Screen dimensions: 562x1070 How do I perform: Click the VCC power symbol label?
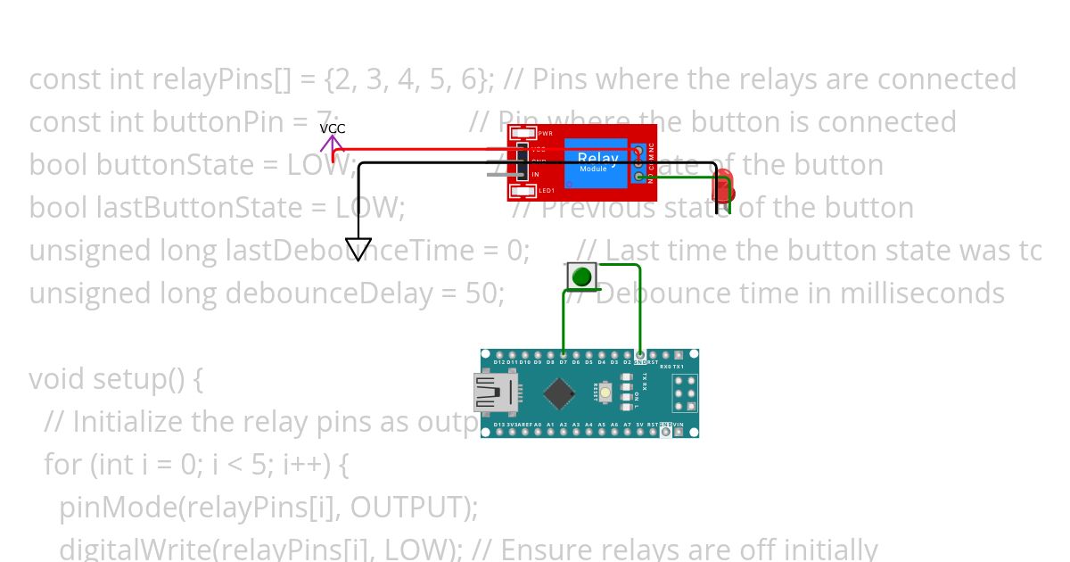333,128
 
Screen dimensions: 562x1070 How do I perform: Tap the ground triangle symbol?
358,249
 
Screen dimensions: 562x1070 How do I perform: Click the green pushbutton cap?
581,277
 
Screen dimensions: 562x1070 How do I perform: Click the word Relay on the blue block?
597,159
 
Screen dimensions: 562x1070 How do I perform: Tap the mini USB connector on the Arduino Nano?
493,393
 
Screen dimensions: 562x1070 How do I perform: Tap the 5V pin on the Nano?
640,432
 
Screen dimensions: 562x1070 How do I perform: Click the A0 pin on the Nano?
538,432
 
